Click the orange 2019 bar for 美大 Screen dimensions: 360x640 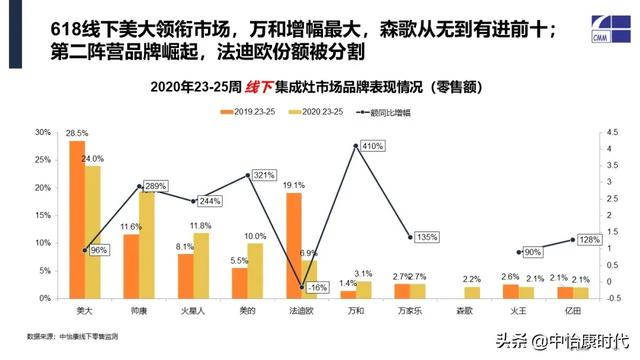[76, 220]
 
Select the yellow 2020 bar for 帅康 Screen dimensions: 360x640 [147, 245]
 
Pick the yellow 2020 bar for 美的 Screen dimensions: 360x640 [255, 270]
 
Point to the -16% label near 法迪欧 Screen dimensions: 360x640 [319, 287]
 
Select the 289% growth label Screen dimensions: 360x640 [155, 187]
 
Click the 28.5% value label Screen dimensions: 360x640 [76, 133]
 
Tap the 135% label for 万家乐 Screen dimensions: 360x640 [427, 238]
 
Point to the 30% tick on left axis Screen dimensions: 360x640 [43, 132]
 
